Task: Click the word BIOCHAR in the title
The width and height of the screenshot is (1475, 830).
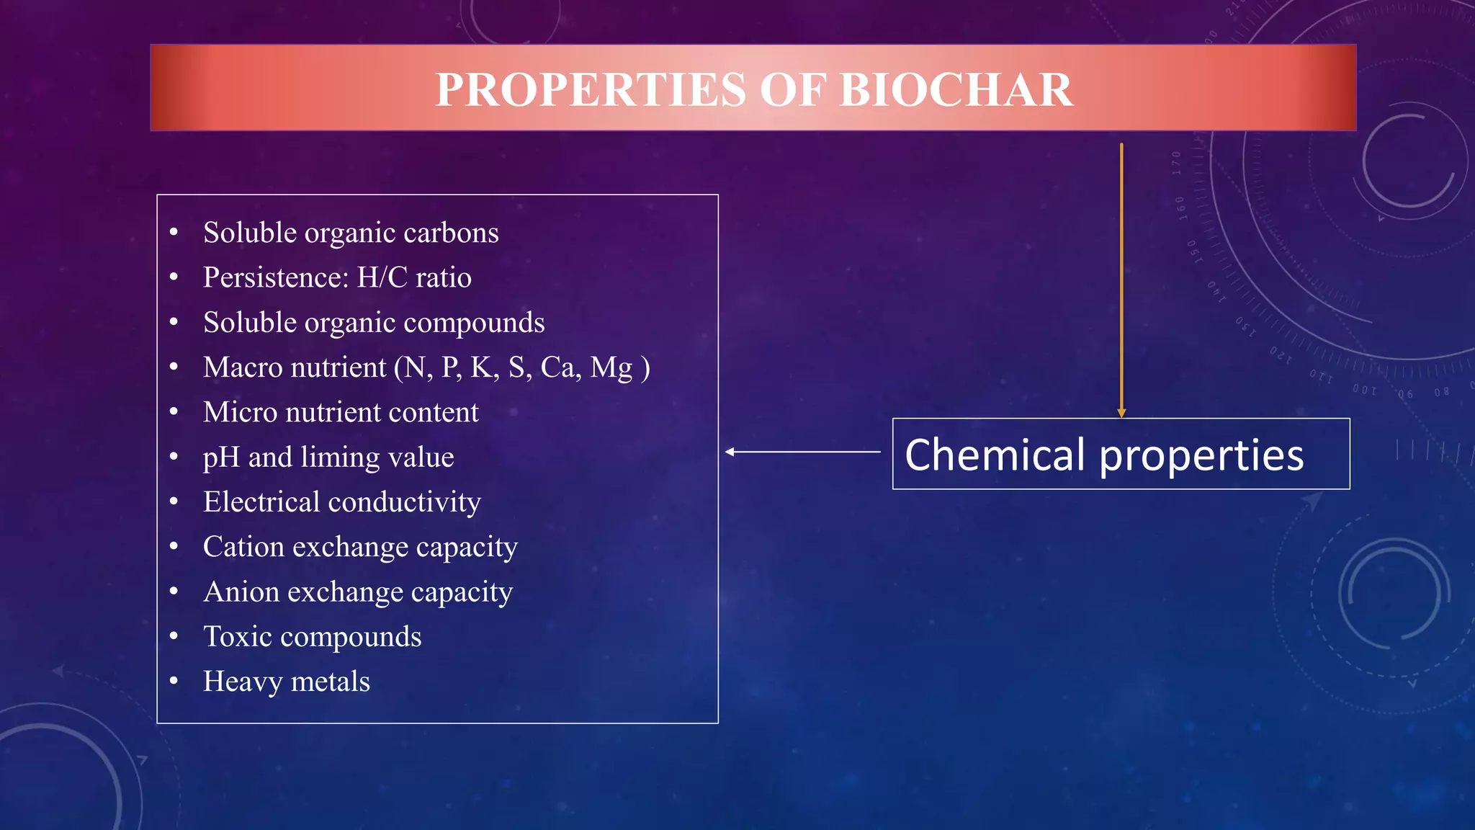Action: point(956,90)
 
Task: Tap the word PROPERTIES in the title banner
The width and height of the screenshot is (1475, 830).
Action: point(591,90)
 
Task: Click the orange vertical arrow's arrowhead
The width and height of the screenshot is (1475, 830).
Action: point(1121,413)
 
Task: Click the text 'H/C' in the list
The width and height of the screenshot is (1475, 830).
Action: point(382,277)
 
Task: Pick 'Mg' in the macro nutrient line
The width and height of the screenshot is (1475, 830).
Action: point(611,368)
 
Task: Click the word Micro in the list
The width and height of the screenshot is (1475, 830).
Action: point(240,412)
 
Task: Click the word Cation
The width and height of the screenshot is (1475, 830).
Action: point(243,547)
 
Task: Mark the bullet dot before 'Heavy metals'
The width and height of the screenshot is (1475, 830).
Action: point(174,680)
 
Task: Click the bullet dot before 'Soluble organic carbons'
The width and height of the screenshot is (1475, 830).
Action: point(174,232)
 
